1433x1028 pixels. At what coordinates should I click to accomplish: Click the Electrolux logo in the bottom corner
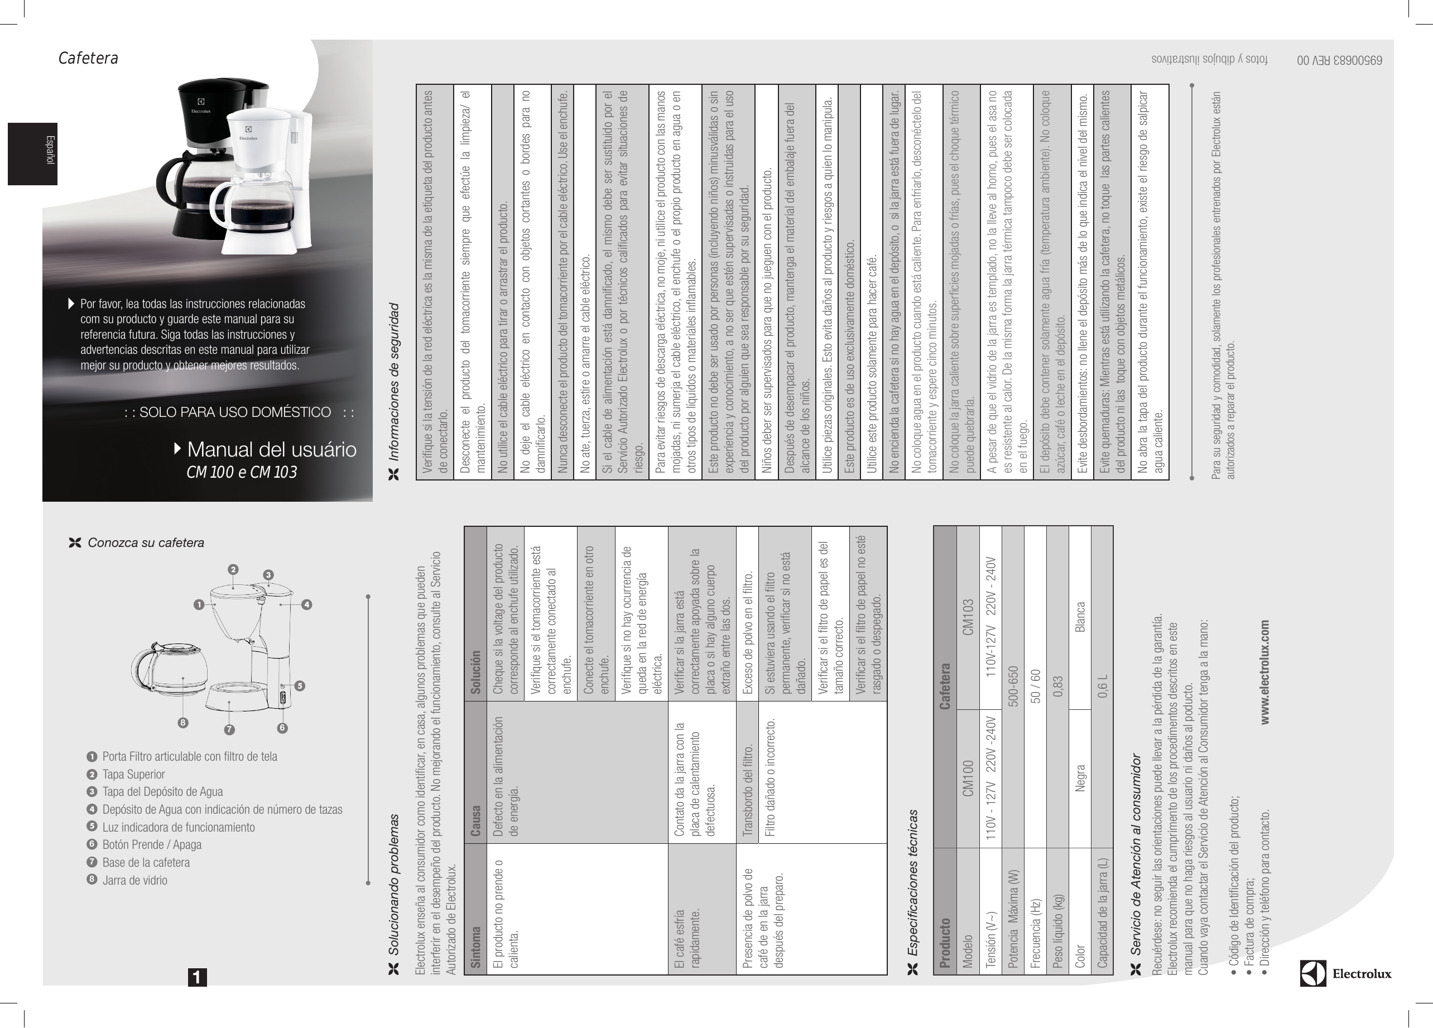point(1346,973)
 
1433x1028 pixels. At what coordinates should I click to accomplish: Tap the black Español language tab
point(32,153)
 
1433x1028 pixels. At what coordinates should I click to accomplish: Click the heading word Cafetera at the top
point(89,58)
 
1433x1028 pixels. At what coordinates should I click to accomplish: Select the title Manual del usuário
point(272,449)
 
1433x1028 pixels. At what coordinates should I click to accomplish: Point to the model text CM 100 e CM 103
point(242,472)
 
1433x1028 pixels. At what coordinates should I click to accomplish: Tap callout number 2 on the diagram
point(233,569)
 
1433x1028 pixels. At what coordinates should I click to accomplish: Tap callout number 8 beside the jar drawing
point(182,723)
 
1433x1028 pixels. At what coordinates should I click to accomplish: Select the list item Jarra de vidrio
point(134,880)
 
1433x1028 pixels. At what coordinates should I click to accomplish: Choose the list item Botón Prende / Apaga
point(152,845)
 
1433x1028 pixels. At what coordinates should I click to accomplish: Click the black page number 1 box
point(197,977)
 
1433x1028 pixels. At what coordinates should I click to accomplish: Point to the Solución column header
point(476,672)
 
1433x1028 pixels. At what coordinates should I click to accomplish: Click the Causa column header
point(476,821)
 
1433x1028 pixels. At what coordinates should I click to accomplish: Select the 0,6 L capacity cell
point(1103,685)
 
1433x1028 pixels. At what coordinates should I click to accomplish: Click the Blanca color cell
point(1080,617)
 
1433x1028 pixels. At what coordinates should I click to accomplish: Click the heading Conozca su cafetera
point(145,543)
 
